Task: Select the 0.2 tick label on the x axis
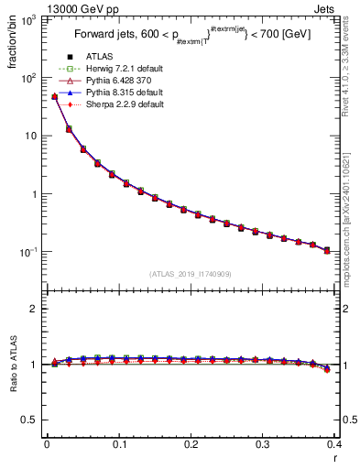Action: (x=190, y=444)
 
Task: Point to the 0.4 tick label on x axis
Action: (x=333, y=444)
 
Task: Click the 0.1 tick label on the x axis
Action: (x=118, y=444)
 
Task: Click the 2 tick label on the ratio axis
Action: (x=35, y=309)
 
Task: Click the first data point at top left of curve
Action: (x=54, y=96)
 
